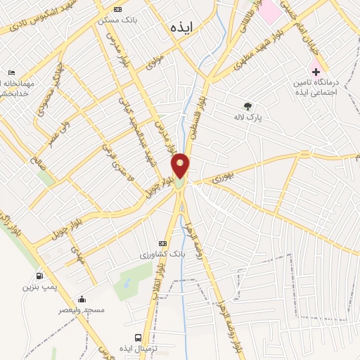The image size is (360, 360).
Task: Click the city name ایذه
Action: pyautogui.click(x=181, y=27)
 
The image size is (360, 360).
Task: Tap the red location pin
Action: pyautogui.click(x=181, y=166)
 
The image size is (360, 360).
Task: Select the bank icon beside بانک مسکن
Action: pyautogui.click(x=117, y=9)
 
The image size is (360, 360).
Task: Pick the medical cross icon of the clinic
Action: pyautogui.click(x=316, y=72)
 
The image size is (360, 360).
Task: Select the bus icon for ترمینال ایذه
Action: pyautogui.click(x=139, y=337)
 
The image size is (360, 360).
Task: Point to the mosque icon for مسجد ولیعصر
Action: pyautogui.click(x=82, y=299)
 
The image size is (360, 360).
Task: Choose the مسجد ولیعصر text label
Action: pyautogui.click(x=82, y=310)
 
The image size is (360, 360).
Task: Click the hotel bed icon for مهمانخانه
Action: pyautogui.click(x=12, y=73)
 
